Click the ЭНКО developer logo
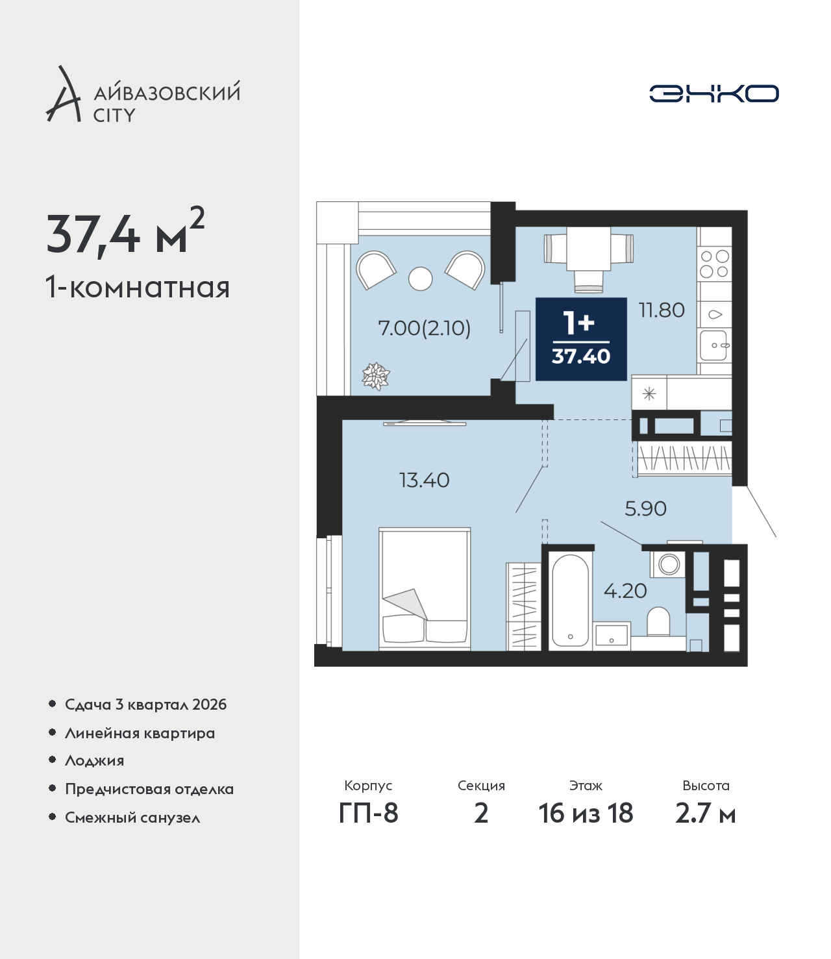click(713, 93)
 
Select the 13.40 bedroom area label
click(424, 480)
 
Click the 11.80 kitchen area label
click(662, 310)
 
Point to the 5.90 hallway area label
click(645, 509)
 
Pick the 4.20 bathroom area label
click(625, 591)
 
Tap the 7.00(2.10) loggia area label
click(424, 329)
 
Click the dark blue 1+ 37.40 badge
click(581, 339)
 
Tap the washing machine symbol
click(668, 564)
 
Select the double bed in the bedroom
click(425, 588)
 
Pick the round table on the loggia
click(421, 279)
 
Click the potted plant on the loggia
click(376, 376)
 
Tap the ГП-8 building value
click(368, 813)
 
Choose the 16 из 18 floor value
click(586, 813)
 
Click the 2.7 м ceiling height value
click(705, 813)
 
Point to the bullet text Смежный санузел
click(132, 817)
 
